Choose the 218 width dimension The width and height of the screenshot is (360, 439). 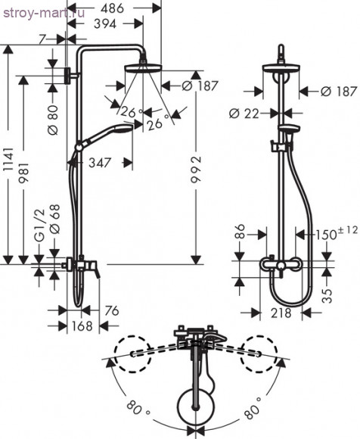[x=282, y=312]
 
